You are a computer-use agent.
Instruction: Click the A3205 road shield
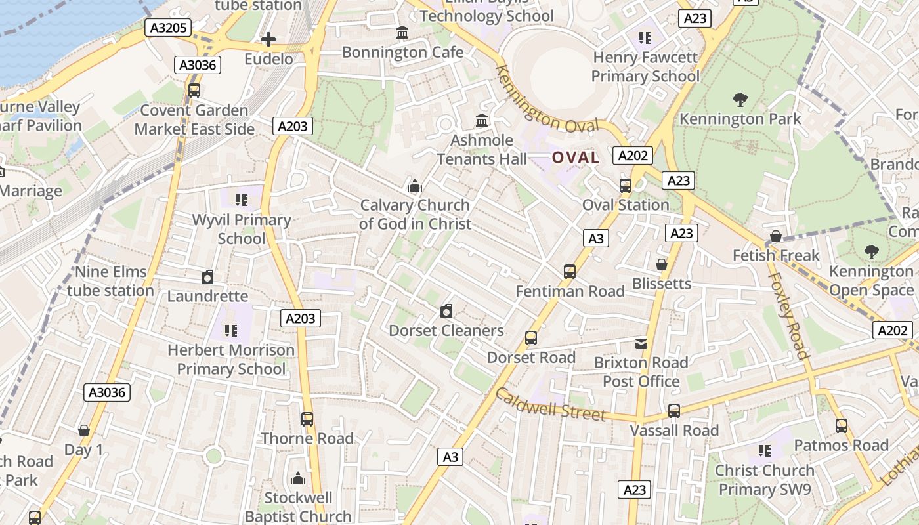point(167,28)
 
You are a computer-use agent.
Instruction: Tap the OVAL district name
point(575,157)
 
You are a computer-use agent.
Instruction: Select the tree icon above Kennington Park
point(740,100)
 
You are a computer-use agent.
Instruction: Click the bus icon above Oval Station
point(625,186)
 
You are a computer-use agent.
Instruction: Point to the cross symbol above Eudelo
point(268,40)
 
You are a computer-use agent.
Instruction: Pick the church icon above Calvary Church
point(414,186)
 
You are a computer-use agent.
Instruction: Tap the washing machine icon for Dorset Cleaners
point(446,311)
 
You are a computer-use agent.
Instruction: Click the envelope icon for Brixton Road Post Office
point(641,343)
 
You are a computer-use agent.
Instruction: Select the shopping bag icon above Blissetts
point(662,264)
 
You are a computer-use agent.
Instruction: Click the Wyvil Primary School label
point(242,229)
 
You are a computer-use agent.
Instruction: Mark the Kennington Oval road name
point(547,100)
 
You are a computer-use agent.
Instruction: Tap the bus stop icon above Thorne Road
point(307,419)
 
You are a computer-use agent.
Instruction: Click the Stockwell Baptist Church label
point(298,507)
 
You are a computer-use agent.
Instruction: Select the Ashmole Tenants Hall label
point(482,150)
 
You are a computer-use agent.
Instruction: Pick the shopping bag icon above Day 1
point(84,430)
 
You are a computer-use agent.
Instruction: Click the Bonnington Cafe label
point(402,52)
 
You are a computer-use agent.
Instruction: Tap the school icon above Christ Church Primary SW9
point(764,451)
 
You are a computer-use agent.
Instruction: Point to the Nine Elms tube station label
point(110,281)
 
